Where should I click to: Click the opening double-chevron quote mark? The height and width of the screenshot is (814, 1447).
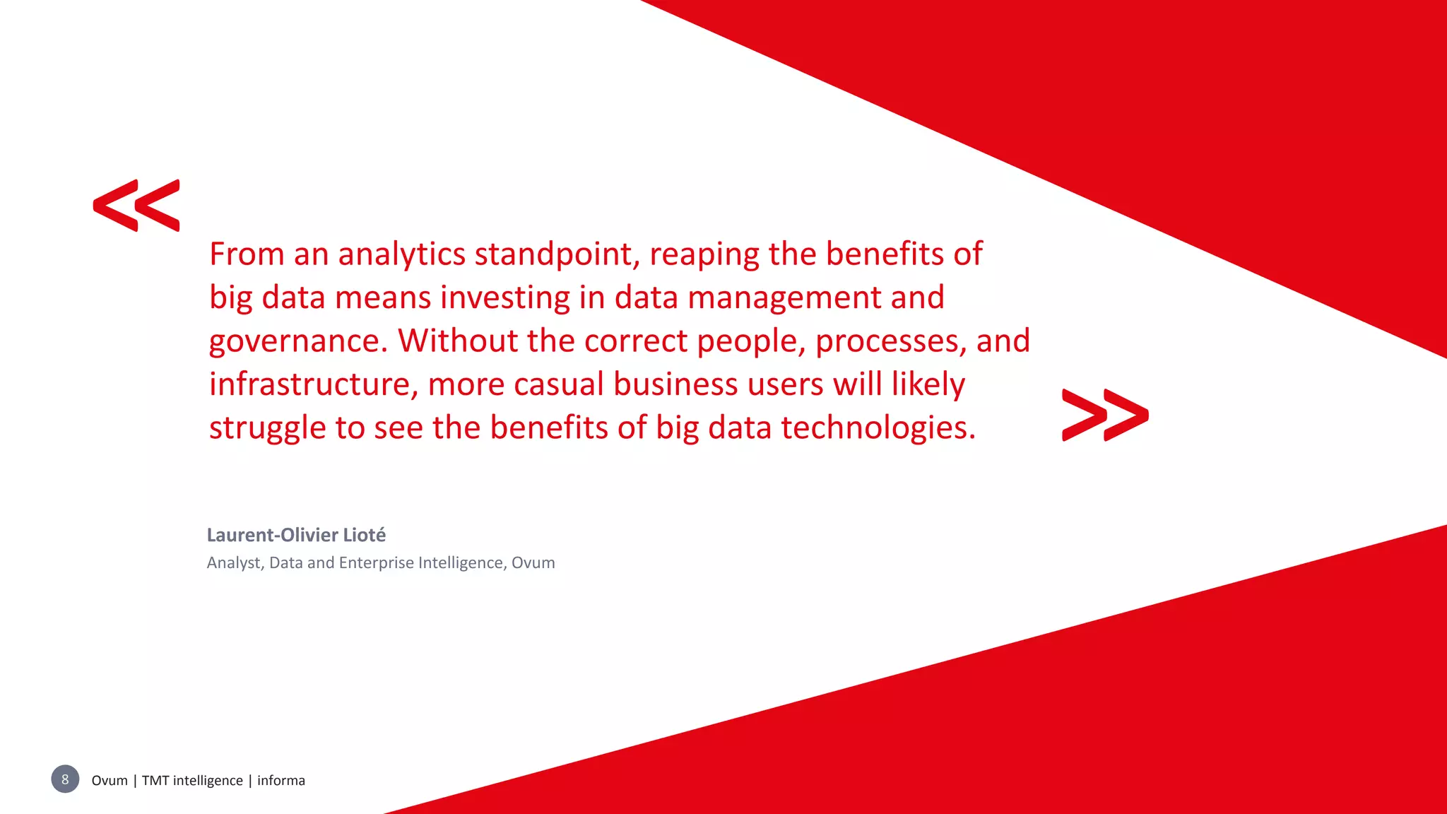pyautogui.click(x=136, y=205)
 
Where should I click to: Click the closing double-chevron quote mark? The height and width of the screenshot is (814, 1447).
pyautogui.click(x=1105, y=415)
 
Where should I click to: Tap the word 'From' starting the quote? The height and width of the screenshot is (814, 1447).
pyautogui.click(x=247, y=254)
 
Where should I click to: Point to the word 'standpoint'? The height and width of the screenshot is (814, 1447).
pyautogui.click(x=557, y=254)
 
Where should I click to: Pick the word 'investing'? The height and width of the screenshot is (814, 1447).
pyautogui.click(x=505, y=298)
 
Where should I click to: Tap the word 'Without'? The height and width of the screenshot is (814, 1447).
pyautogui.click(x=458, y=341)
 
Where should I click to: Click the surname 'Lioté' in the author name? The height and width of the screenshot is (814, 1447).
pyautogui.click(x=364, y=535)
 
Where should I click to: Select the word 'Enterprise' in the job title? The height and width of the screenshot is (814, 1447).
pyautogui.click(x=376, y=563)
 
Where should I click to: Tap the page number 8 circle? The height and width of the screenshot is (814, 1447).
pyautogui.click(x=65, y=779)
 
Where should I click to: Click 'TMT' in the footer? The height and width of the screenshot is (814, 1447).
pyautogui.click(x=155, y=780)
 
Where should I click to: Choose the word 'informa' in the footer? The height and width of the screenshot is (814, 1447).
pyautogui.click(x=281, y=780)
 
